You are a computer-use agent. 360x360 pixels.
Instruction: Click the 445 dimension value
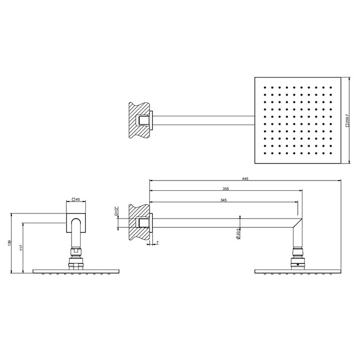point(245,178)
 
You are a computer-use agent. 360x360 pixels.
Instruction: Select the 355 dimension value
point(226,189)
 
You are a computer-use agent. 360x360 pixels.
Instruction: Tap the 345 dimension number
point(223,200)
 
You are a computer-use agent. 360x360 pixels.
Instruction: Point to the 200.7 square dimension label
point(347,120)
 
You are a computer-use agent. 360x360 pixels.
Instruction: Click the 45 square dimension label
point(76,200)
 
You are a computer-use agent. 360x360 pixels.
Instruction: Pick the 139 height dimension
point(9,243)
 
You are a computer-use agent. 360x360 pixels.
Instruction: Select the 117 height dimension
point(21,248)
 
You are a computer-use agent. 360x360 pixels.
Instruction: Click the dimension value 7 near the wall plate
point(157,242)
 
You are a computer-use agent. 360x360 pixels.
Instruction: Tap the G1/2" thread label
point(116,211)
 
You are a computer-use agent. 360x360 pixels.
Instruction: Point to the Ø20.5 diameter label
point(238,234)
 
